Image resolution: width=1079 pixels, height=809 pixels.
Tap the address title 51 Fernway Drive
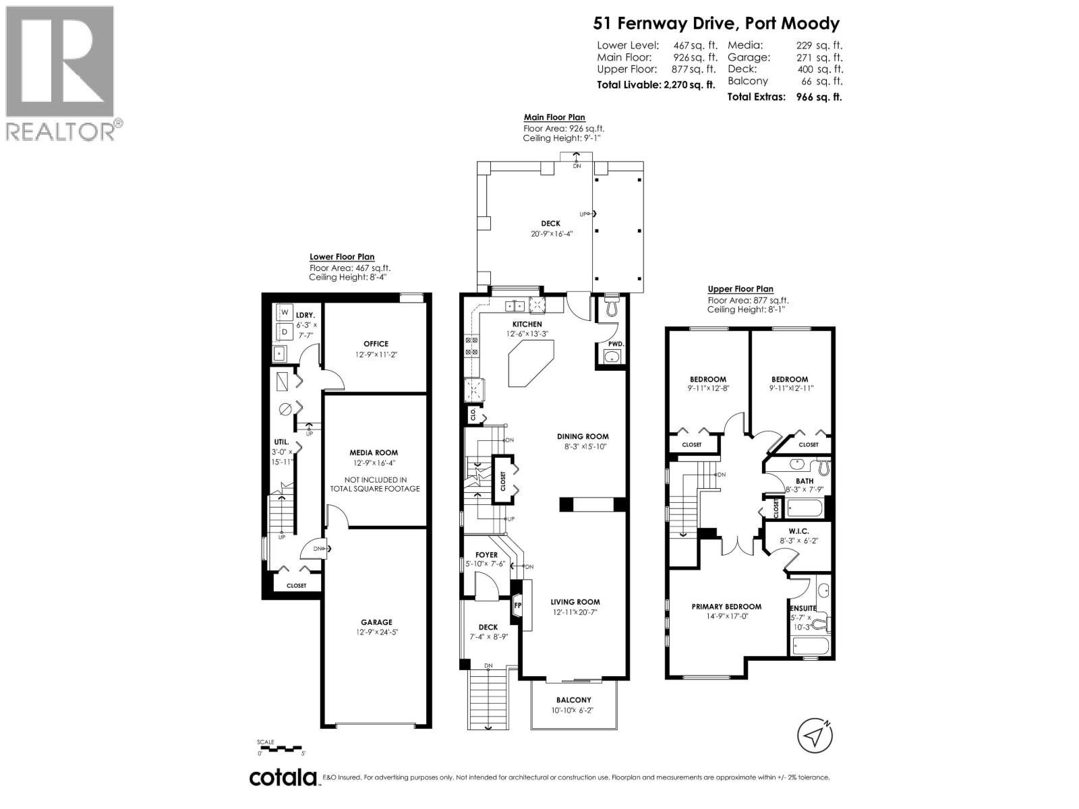716,24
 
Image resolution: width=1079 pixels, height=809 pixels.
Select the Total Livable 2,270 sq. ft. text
655,85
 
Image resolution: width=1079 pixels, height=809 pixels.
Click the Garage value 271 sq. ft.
819,57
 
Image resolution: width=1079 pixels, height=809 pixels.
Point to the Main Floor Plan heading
554,117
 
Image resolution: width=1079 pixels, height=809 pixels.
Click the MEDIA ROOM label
374,452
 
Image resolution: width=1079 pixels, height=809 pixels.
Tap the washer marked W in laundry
285,313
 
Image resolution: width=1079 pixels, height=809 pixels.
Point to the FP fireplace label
518,605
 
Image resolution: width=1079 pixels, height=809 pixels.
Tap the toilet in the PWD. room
612,308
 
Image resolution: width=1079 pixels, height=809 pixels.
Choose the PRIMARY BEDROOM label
726,607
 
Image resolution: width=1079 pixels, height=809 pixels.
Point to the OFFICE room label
376,344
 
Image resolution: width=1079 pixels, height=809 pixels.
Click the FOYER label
486,555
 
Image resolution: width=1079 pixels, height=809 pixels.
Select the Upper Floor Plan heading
740,289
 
